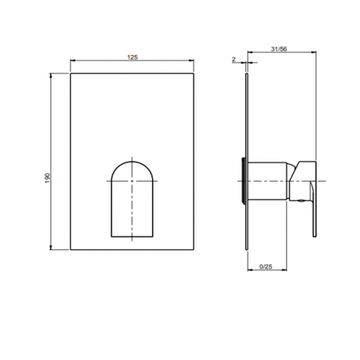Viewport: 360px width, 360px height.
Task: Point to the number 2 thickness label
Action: pyautogui.click(x=233, y=60)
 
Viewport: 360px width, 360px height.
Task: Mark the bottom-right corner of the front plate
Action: pyautogui.click(x=193, y=251)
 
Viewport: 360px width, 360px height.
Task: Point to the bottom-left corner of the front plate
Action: pyautogui.click(x=72, y=251)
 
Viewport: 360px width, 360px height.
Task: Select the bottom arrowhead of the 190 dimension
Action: pyautogui.click(x=53, y=248)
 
